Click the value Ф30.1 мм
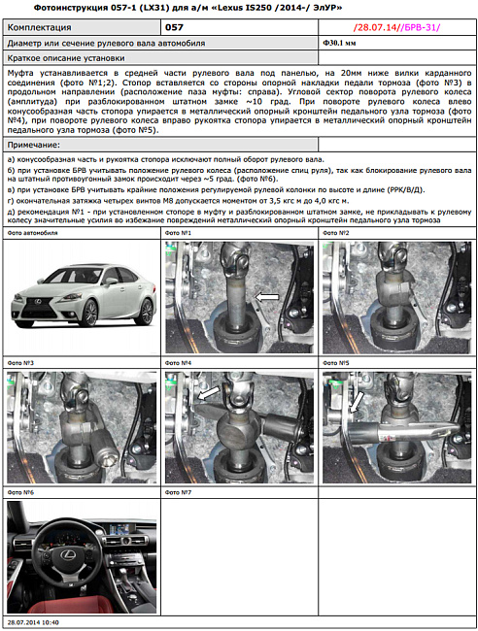[x=339, y=45]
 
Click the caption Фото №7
[x=179, y=492]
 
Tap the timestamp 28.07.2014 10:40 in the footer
[x=33, y=622]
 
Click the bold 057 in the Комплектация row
[x=174, y=29]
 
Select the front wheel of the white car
[x=89, y=314]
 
